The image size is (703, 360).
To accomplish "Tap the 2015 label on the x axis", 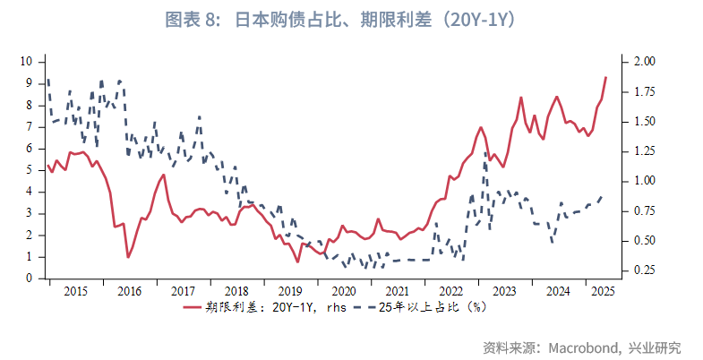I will click(75, 291).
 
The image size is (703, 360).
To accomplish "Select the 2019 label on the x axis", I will click(289, 291).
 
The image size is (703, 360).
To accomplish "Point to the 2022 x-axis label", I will click(450, 291).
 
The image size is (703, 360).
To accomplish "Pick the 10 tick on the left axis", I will click(27, 61).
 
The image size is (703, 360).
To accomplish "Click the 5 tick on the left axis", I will click(30, 169).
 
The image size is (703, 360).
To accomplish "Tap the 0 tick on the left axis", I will click(30, 279).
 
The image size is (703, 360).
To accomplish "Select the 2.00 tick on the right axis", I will click(645, 61).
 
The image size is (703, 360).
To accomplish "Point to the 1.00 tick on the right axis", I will click(645, 181).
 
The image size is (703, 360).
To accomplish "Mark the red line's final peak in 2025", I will click(606, 77).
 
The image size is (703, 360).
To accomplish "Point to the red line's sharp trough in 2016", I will click(128, 257).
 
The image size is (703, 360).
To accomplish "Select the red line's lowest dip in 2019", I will click(298, 261).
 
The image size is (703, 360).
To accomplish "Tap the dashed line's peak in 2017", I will click(198, 116).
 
